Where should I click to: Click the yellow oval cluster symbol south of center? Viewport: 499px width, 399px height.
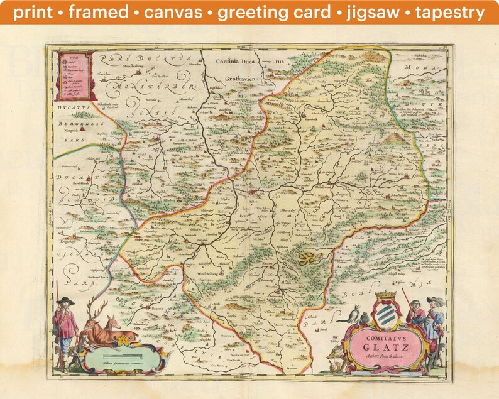[307, 257]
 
